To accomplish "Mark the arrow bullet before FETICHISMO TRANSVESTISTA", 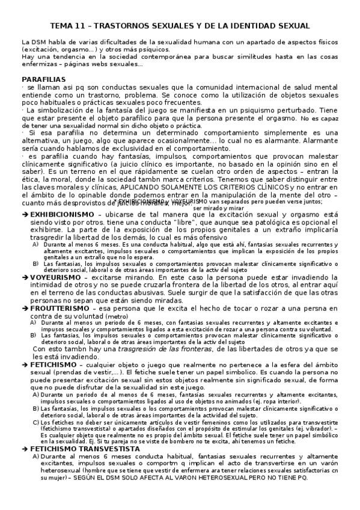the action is click(x=25, y=449).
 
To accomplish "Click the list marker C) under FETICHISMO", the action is click(x=36, y=422).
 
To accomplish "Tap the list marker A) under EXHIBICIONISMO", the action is click(x=36, y=245).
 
